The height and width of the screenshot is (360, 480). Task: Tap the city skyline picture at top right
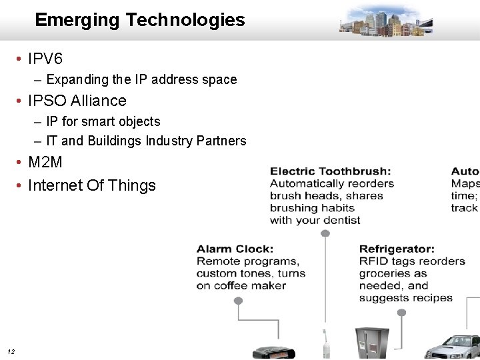pos(386,20)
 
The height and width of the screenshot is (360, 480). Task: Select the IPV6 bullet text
pos(45,59)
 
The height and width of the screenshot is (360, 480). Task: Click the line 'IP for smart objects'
pos(103,121)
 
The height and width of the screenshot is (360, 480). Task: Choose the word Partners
pos(221,141)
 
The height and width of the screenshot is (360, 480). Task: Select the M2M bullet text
pos(45,162)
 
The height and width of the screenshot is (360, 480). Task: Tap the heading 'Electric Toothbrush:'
pos(330,171)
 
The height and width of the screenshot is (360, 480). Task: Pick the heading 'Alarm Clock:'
pos(235,249)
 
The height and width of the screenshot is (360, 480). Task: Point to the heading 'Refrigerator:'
pos(397,249)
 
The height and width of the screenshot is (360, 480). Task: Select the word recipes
pos(429,298)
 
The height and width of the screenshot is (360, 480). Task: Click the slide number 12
pos(11,351)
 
